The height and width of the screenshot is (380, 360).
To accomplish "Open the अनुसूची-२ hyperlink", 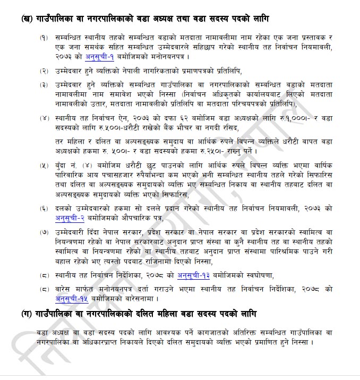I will [x=68, y=218].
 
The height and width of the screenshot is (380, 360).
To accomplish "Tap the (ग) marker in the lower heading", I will [x=26, y=313].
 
